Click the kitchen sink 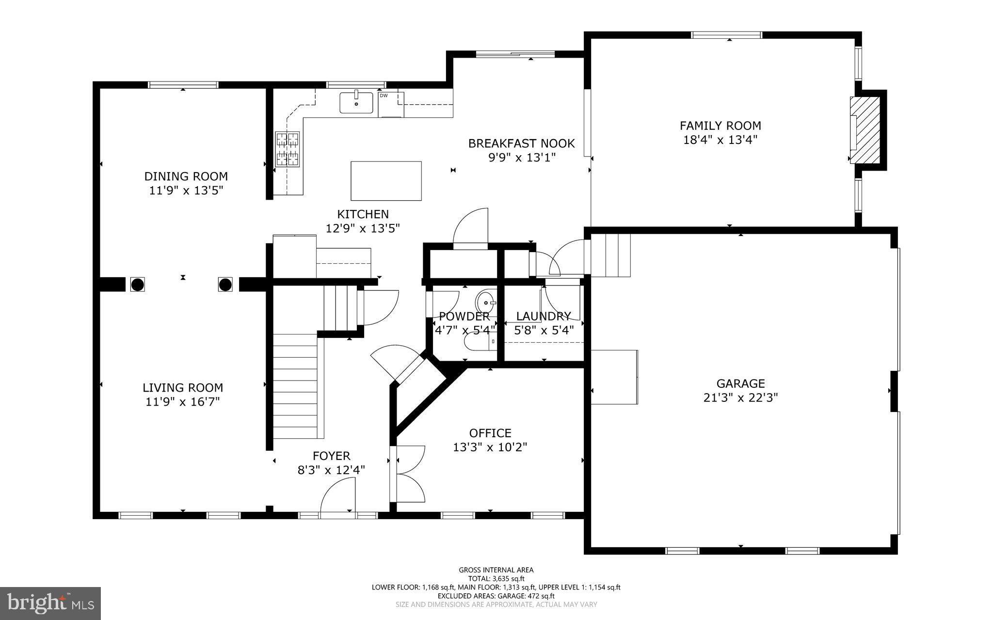coord(356,103)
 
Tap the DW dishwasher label coord(384,95)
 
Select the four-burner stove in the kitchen coord(287,149)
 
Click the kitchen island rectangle coord(386,181)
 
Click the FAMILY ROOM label coord(720,126)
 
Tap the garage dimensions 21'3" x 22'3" coord(740,398)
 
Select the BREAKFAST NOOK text coord(521,143)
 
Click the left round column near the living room coord(137,285)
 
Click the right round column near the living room coord(225,285)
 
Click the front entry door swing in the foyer coord(338,495)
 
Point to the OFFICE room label coord(490,433)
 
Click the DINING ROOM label coord(186,176)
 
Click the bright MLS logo coord(50,603)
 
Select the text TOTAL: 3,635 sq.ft coord(496,578)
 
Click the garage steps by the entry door coord(611,255)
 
